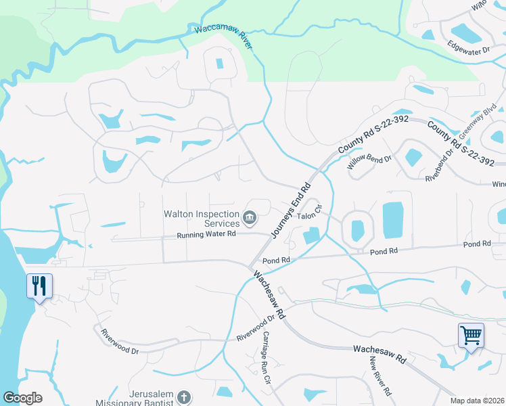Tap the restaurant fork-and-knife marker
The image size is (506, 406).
click(x=39, y=286)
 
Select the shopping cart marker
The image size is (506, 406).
click(x=471, y=335)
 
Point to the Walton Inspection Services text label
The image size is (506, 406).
click(x=202, y=218)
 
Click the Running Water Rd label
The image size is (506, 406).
click(x=206, y=235)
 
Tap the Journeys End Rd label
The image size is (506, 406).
click(x=291, y=210)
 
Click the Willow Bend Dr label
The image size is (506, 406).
click(x=369, y=162)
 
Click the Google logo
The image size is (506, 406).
click(x=22, y=398)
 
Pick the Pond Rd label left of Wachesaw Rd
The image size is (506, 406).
click(x=276, y=260)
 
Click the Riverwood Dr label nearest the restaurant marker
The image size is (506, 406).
click(x=119, y=342)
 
